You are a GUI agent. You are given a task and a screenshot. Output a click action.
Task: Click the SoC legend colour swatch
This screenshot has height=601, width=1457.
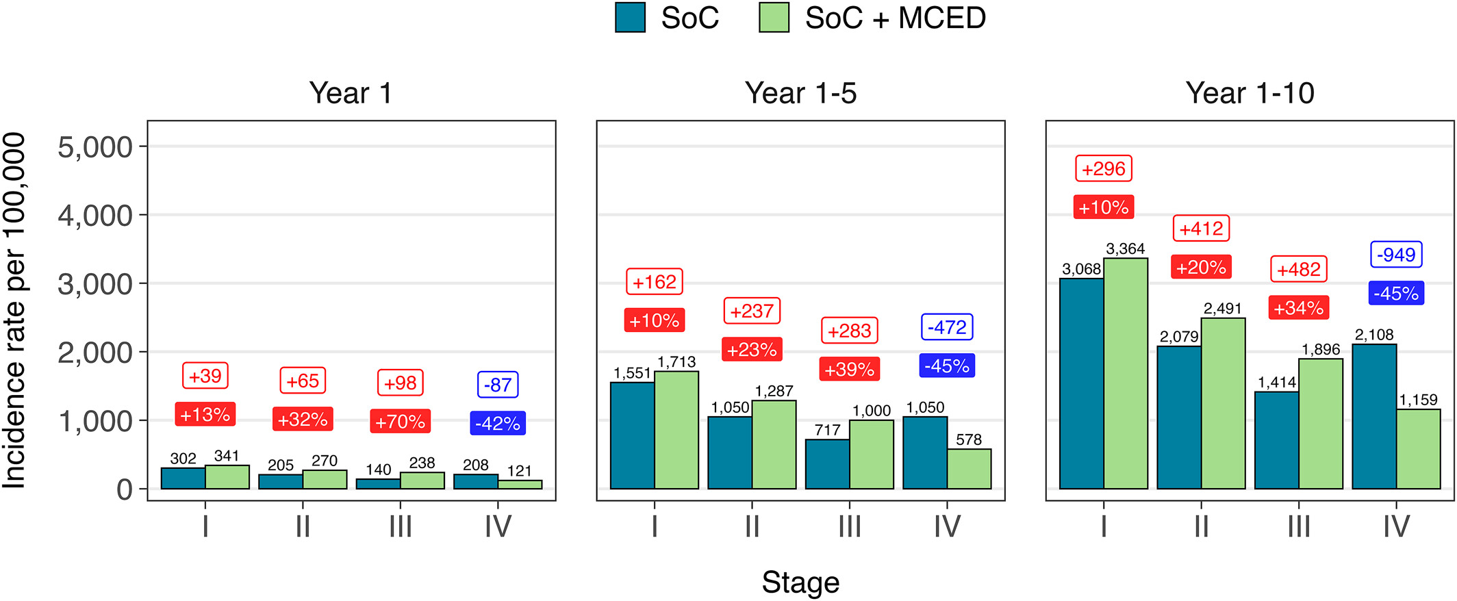click(631, 18)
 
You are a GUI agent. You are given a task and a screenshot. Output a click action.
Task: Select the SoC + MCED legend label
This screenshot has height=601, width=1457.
click(896, 18)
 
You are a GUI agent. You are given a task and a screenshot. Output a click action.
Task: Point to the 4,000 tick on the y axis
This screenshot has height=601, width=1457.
click(95, 216)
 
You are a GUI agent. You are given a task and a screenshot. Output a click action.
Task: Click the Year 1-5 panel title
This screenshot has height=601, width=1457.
click(800, 93)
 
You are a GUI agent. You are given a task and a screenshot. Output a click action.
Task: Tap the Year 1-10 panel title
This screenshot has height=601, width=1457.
click(1250, 93)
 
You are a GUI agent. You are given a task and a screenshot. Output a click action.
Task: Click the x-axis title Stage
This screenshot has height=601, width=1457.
click(800, 583)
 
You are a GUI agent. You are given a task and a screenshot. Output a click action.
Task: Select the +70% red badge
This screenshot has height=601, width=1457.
click(401, 422)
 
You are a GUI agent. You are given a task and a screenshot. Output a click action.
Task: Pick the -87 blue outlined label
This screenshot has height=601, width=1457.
click(498, 385)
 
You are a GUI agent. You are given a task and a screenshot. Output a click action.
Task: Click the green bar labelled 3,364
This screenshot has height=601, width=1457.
click(1126, 374)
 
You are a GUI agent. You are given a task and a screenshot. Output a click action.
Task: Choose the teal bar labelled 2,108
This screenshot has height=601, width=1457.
click(1374, 416)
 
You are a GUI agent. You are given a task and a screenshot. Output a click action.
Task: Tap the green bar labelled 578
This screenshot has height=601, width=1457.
click(969, 469)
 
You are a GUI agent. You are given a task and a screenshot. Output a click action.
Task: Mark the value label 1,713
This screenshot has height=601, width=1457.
click(676, 362)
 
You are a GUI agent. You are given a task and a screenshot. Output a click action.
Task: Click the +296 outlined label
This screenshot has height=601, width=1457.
click(1104, 168)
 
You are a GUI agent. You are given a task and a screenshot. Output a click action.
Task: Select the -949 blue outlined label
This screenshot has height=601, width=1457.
click(1396, 255)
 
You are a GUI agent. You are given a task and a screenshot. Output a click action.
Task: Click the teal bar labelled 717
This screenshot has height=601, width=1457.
click(827, 464)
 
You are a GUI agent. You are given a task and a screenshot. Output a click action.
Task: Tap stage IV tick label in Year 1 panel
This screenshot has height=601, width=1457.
click(498, 526)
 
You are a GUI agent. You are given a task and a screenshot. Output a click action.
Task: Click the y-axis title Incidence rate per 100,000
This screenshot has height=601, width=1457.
click(14, 310)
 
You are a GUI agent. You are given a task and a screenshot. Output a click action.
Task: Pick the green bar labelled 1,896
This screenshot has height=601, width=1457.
click(1321, 424)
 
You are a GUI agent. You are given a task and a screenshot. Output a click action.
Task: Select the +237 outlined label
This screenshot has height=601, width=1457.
click(752, 311)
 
